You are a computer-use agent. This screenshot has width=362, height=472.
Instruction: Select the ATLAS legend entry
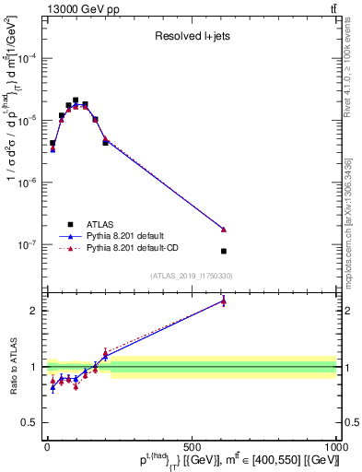coord(99,223)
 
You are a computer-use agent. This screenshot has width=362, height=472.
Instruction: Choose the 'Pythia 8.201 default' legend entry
coord(132,236)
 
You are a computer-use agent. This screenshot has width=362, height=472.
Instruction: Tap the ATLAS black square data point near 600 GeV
coord(224,251)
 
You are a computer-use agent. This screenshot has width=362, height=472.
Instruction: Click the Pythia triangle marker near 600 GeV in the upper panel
coord(224,230)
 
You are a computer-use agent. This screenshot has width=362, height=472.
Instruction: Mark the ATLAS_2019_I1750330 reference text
coord(191,276)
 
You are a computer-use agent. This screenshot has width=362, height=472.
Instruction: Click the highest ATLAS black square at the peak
coord(76,100)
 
